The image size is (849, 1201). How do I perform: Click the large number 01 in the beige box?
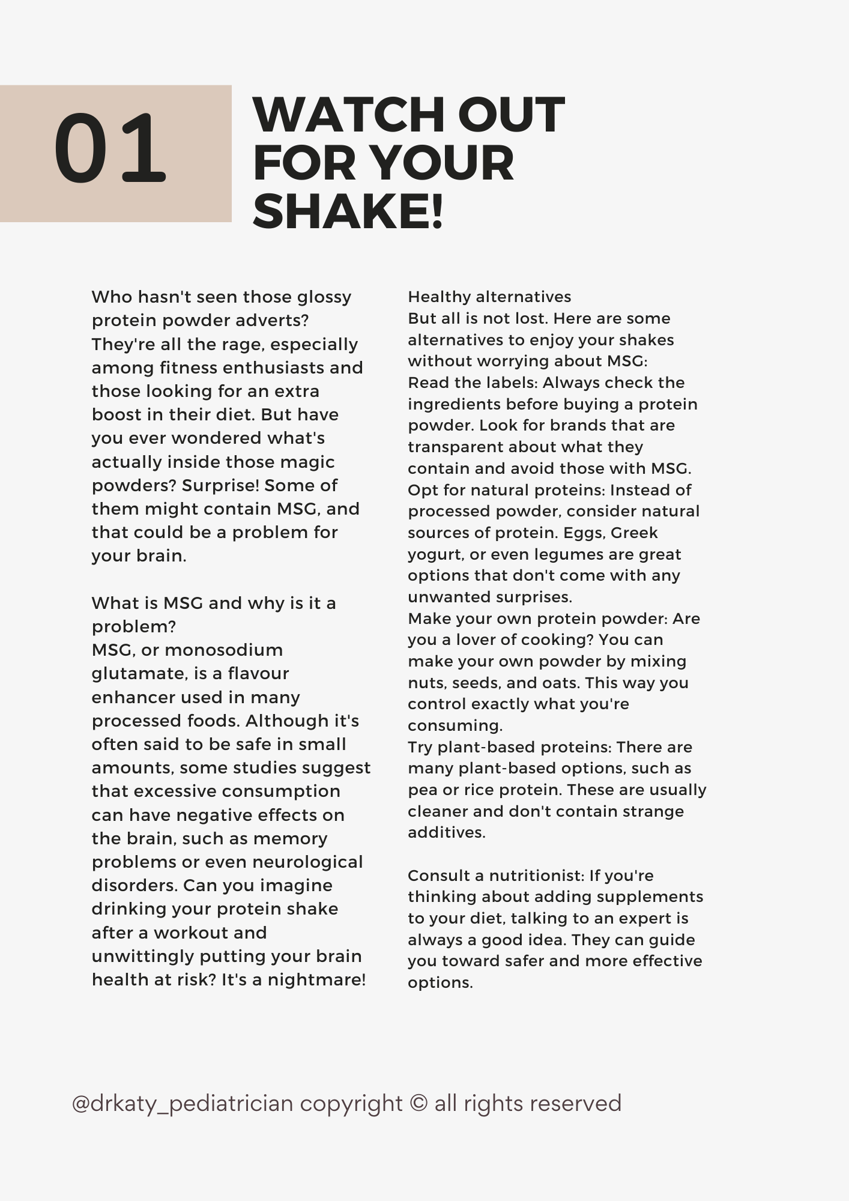pyautogui.click(x=110, y=149)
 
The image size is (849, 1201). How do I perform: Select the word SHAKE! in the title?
pyautogui.click(x=348, y=211)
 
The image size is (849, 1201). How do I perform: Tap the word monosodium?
pyautogui.click(x=223, y=650)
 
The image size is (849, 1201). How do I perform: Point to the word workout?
pyautogui.click(x=210, y=933)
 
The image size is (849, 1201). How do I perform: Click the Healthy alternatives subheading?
pyautogui.click(x=489, y=297)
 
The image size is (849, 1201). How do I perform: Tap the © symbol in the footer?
pyautogui.click(x=418, y=1104)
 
